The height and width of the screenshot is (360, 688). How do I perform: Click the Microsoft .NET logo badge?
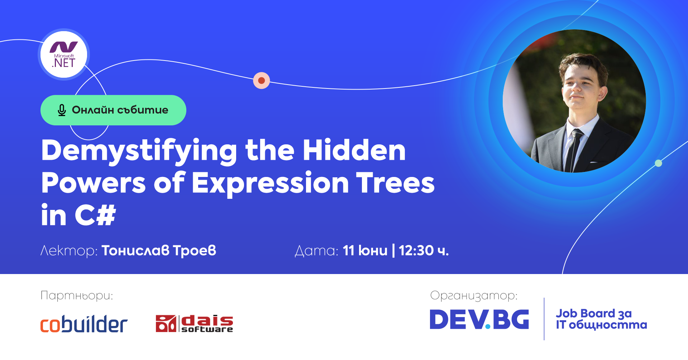coord(64,54)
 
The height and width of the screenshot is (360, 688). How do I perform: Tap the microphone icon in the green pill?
coord(62,110)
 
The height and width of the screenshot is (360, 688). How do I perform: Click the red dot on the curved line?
coord(262,80)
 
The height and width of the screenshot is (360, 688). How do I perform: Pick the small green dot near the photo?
coord(658,163)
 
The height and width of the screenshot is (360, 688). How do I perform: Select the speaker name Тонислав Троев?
coord(159,251)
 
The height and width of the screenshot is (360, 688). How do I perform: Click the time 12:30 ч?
coord(424,251)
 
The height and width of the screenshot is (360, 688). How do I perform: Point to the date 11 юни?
coord(365,251)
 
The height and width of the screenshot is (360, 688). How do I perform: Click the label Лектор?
coord(69,251)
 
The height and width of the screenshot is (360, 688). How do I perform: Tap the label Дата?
coord(316,251)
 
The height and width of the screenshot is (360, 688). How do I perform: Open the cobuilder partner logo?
coord(84,324)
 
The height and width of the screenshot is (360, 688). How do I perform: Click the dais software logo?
coord(194,323)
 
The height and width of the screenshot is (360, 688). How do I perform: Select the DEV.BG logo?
coord(479,319)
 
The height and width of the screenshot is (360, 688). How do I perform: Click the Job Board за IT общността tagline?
coord(601,319)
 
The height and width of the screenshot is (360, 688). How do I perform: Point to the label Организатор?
coord(474,296)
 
